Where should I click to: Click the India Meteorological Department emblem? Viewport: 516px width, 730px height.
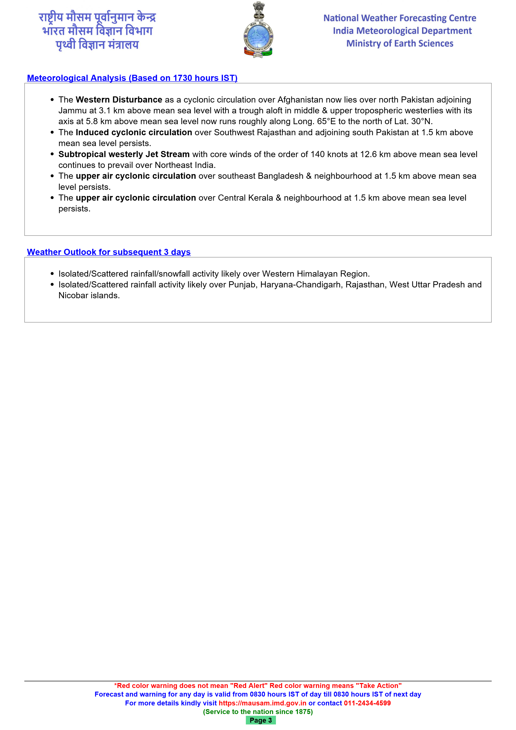click(x=258, y=30)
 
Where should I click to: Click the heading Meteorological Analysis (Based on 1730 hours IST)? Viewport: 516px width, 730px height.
click(x=132, y=78)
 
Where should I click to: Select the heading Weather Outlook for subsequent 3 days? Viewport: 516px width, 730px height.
click(x=109, y=252)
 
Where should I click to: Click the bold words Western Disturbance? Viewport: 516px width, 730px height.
click(x=119, y=100)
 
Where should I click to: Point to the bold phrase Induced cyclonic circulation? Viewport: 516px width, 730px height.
click(x=134, y=132)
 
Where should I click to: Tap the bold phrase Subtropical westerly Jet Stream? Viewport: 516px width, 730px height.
click(x=124, y=154)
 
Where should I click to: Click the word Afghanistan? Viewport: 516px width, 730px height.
click(x=300, y=100)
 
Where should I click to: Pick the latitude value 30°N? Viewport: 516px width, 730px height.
click(x=422, y=121)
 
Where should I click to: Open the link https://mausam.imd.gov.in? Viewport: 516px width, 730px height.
click(x=262, y=703)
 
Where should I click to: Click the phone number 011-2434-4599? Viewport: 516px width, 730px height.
click(x=367, y=703)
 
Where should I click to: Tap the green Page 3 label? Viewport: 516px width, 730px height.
click(x=260, y=720)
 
